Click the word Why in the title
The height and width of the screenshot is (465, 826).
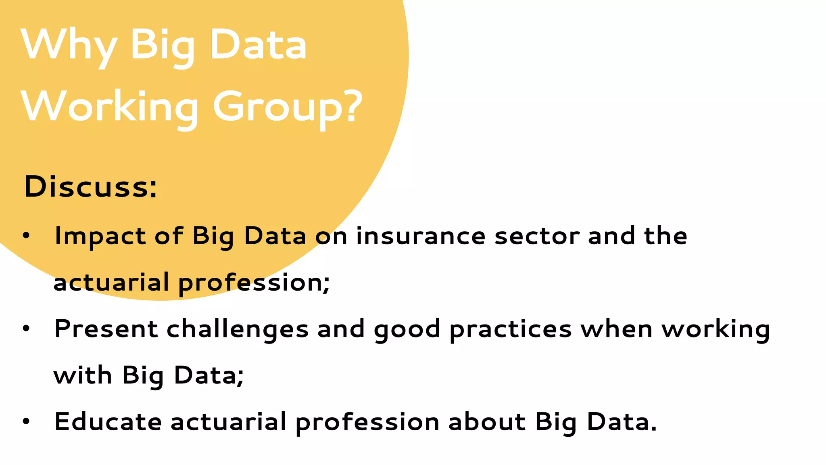tap(69, 45)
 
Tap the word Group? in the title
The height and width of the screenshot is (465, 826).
tap(288, 107)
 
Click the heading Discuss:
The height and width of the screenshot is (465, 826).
tap(90, 187)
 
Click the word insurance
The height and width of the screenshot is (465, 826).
tap(421, 236)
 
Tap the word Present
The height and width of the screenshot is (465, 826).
tap(106, 329)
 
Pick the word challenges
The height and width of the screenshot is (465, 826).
tap(238, 329)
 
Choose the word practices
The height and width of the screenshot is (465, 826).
tap(511, 329)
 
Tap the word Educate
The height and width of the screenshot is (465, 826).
tap(108, 422)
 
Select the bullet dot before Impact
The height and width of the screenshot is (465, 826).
tap(26, 236)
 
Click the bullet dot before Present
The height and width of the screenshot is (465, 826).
tap(26, 329)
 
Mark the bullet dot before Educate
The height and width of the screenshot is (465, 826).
tap(26, 421)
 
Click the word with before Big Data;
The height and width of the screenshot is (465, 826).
tap(83, 375)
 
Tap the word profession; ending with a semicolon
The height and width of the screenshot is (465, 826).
tap(254, 283)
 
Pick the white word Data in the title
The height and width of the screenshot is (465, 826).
tap(258, 45)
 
